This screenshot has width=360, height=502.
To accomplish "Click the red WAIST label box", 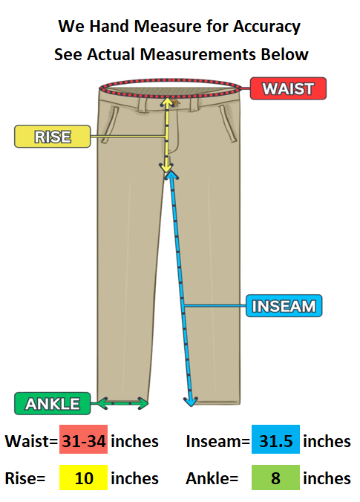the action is (288, 88).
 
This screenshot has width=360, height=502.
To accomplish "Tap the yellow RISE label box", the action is (53, 137).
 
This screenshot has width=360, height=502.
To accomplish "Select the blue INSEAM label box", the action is (284, 306).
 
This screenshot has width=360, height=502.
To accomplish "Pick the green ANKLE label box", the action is (53, 403).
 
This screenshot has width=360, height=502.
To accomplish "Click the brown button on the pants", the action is (174, 102).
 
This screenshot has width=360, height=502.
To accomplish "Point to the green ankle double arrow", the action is (122, 403).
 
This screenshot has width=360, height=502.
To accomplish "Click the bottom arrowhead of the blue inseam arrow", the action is (191, 402).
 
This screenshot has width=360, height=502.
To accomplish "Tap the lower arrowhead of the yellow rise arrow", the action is (166, 167).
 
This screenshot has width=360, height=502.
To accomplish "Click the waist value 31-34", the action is (84, 441).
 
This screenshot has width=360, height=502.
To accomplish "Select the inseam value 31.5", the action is (275, 441).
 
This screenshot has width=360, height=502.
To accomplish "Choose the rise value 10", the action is (84, 478).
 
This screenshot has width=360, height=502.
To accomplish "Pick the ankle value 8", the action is (275, 478).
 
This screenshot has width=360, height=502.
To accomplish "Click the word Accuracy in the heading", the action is (266, 27).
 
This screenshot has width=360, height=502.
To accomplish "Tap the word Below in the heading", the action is (284, 54).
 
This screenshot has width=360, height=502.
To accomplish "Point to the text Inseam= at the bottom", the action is (218, 441).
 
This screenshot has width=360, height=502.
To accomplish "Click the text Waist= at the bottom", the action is (31, 441).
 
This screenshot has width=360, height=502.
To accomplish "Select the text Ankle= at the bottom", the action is (212, 478).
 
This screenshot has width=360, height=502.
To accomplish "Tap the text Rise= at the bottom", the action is (25, 478).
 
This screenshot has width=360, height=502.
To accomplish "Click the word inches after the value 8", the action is (327, 478).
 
